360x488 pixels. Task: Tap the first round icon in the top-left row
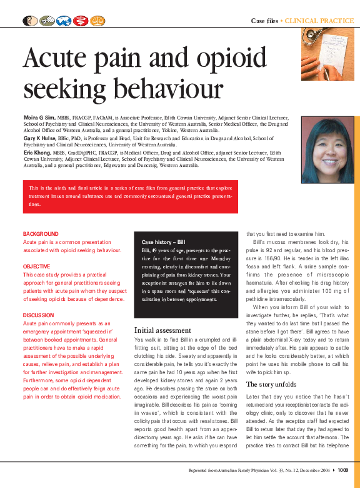29,21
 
